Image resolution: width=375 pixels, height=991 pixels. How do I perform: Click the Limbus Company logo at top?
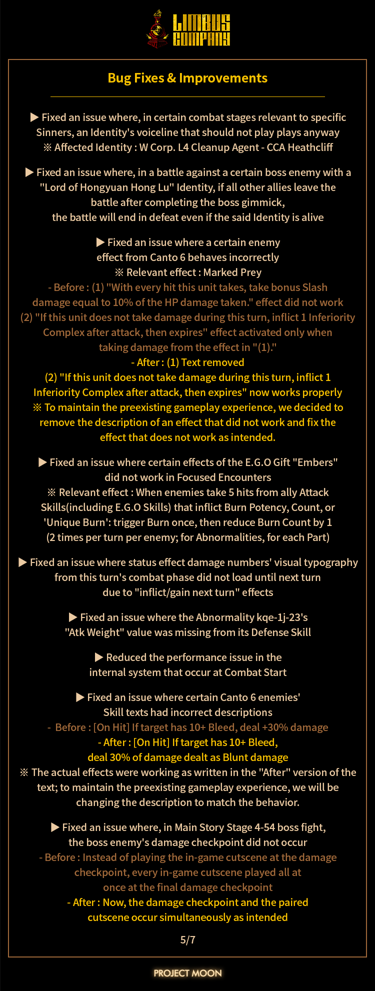coord(188,29)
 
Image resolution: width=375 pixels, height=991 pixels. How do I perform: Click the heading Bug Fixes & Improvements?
coord(187,78)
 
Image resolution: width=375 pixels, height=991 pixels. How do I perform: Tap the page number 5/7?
coord(187,939)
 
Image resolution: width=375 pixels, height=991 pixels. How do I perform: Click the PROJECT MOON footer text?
coord(187,972)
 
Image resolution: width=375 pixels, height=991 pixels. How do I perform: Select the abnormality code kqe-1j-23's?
coord(279,617)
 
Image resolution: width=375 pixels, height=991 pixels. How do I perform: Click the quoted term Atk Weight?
coord(94,632)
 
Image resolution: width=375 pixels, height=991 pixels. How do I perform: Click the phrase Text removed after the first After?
coord(212,362)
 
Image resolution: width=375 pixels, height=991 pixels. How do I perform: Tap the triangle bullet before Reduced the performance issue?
coord(98,657)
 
